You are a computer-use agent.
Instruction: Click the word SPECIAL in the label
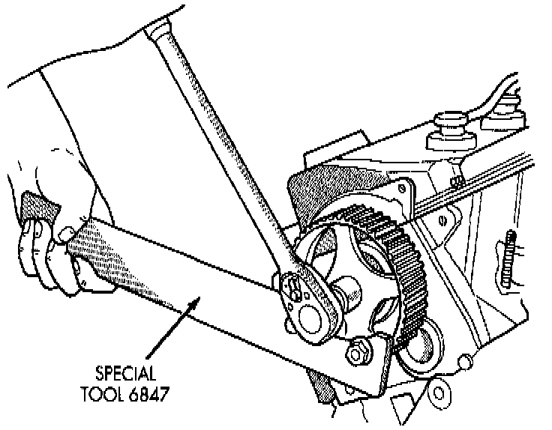coord(127,372)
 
